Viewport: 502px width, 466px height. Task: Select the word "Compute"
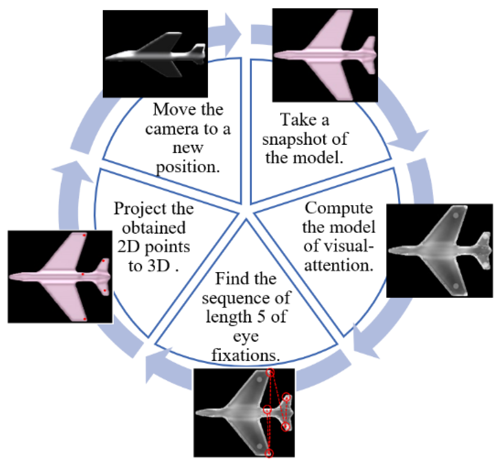coord(339,208)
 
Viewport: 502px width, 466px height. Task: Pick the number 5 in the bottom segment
coord(261,317)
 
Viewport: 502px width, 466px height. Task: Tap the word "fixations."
coord(246,355)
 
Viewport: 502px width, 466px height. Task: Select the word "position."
coord(188,167)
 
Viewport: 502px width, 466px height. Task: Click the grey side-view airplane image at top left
coord(155,54)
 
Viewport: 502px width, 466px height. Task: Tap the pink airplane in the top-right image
coord(325,55)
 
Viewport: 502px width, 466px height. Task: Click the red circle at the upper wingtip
coord(270,373)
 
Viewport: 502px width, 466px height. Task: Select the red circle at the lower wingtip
coord(269,453)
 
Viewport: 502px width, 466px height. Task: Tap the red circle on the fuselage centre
coord(267,410)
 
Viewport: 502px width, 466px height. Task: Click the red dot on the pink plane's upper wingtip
coord(84,235)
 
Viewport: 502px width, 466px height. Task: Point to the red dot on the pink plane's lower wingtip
coord(85,319)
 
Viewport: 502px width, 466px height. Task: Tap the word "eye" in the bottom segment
coord(246,336)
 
